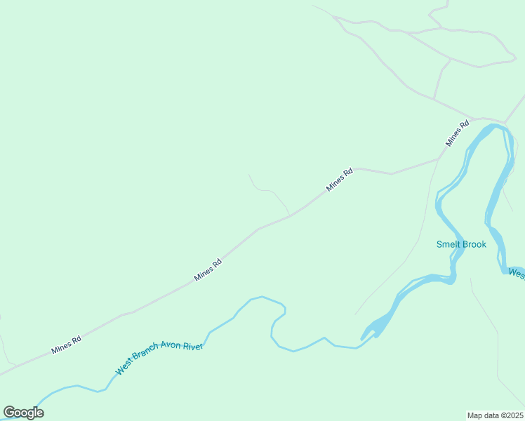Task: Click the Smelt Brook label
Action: pyautogui.click(x=461, y=244)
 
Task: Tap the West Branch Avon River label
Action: pyautogui.click(x=159, y=358)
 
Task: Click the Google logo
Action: pyautogui.click(x=23, y=413)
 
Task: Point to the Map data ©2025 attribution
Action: pyautogui.click(x=496, y=415)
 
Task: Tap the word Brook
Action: pyautogui.click(x=474, y=244)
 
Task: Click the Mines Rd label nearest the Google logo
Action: pyautogui.click(x=67, y=345)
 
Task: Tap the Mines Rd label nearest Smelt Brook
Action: pyautogui.click(x=457, y=133)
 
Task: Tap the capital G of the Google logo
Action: pyautogui.click(x=9, y=413)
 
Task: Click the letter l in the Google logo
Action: pyautogui.click(x=34, y=412)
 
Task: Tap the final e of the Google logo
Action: pyautogui.click(x=40, y=413)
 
